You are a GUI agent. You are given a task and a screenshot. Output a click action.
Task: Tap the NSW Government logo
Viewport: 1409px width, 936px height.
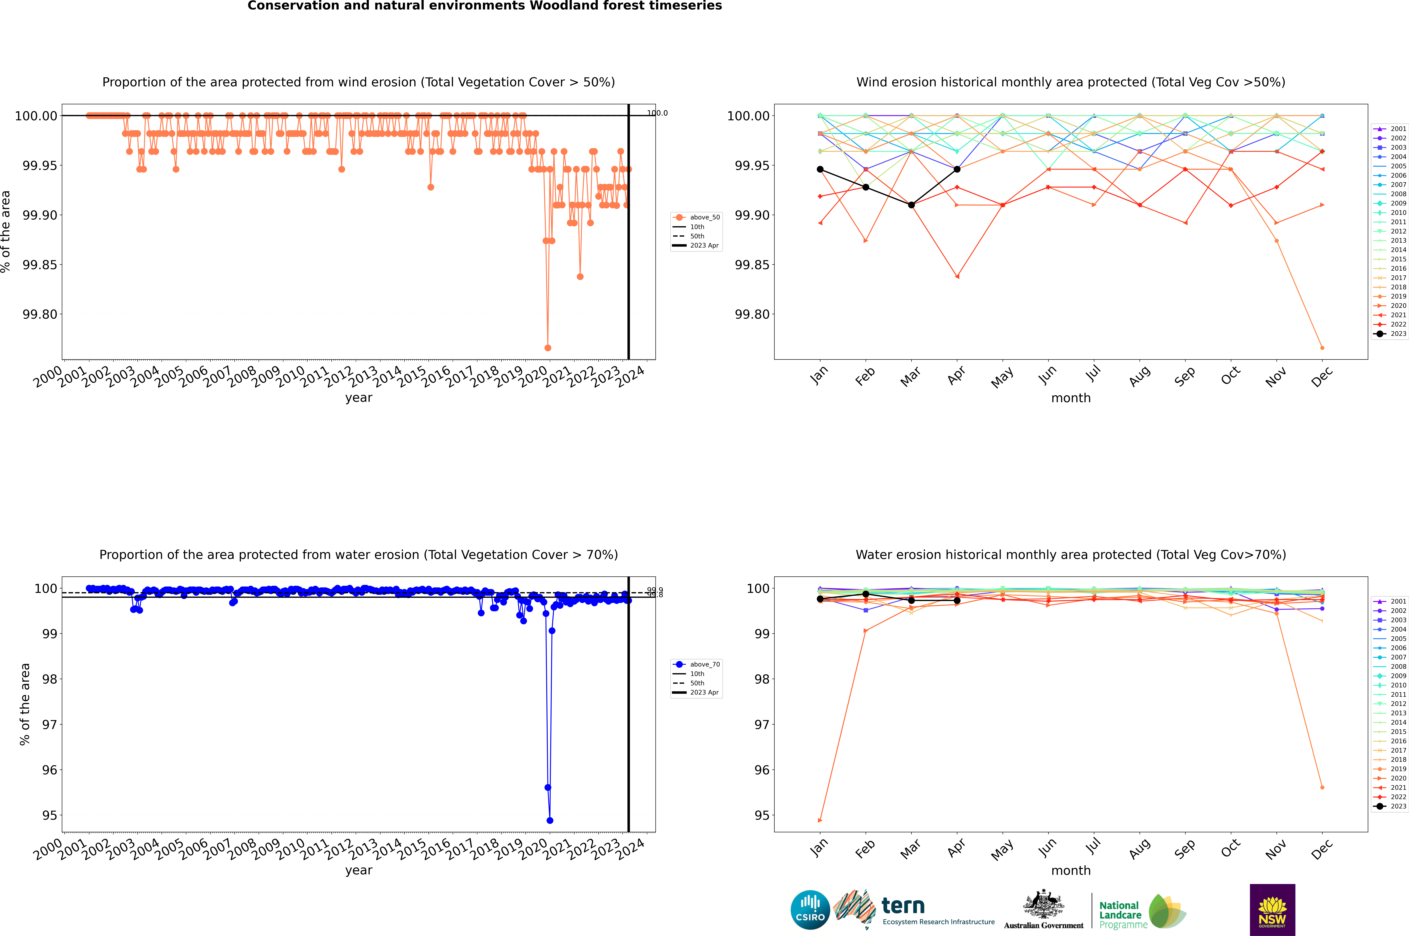[x=1272, y=910]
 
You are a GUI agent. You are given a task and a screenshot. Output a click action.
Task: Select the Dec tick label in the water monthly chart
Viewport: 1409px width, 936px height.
[x=1322, y=849]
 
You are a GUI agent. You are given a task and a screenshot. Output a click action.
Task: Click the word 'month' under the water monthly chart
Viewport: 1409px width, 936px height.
[x=1070, y=870]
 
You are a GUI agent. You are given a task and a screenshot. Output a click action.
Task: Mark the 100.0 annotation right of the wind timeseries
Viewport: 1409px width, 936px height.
[x=657, y=113]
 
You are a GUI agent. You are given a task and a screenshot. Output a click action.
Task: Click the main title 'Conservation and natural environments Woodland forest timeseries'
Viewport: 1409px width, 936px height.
[x=484, y=6]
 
